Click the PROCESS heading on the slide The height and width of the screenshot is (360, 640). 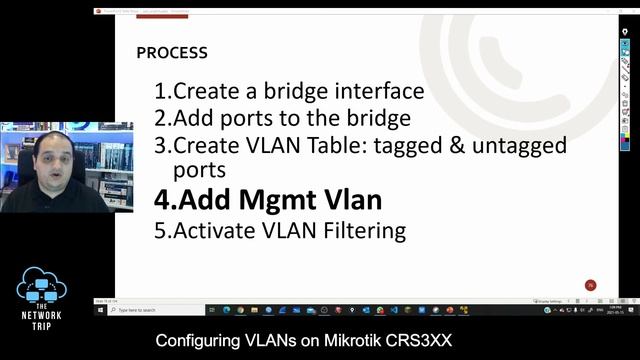172,52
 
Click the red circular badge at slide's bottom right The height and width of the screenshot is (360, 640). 590,285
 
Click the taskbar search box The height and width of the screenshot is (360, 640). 150,310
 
